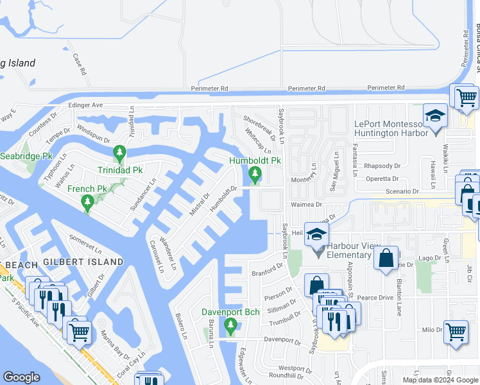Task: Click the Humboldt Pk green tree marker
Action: click(255, 173)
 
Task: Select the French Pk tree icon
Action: click(87, 203)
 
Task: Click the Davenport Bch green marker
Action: click(230, 327)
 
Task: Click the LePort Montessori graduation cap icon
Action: click(436, 118)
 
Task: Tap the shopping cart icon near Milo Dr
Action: click(456, 332)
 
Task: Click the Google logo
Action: click(21, 377)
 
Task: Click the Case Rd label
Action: click(79, 64)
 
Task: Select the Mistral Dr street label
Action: click(200, 204)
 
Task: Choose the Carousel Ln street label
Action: click(157, 255)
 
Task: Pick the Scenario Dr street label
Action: click(402, 191)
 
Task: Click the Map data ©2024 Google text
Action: click(440, 380)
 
